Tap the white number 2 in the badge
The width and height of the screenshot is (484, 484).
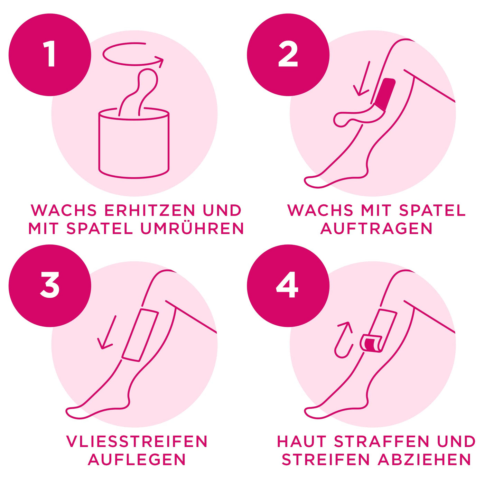pyautogui.click(x=288, y=55)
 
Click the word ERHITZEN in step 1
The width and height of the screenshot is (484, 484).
pyautogui.click(x=150, y=210)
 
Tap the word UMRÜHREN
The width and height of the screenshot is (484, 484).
pyautogui.click(x=192, y=228)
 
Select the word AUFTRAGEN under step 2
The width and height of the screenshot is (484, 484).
pyautogui.click(x=376, y=228)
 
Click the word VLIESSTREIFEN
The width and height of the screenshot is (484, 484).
pyautogui.click(x=137, y=441)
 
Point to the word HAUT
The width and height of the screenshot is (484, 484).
pyautogui.click(x=301, y=441)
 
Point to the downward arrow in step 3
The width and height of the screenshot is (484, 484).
pyautogui.click(x=107, y=332)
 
